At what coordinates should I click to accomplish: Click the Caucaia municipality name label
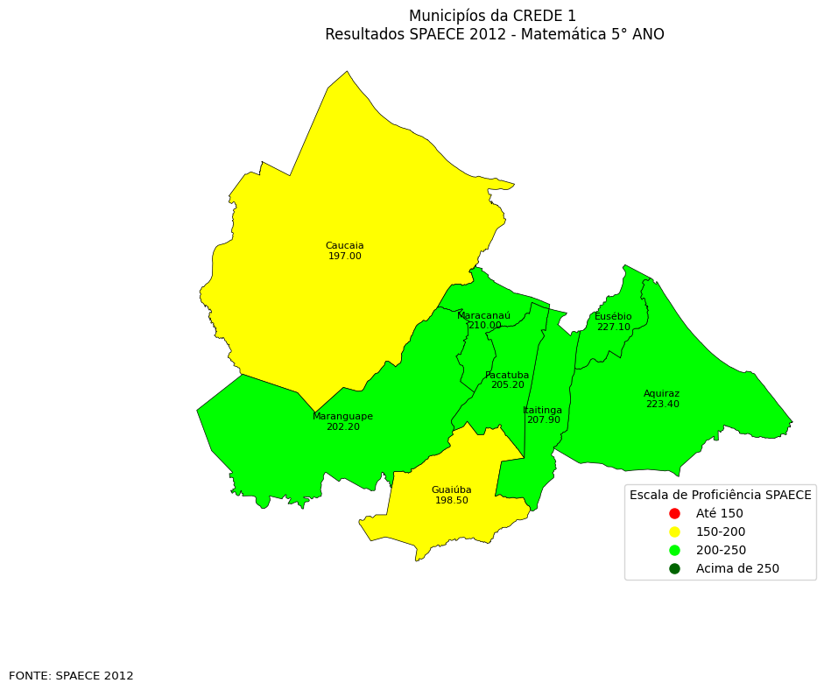tap(344, 246)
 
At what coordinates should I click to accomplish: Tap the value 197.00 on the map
tap(344, 257)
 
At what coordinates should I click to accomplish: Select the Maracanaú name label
tap(483, 315)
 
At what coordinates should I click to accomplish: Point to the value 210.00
tap(484, 326)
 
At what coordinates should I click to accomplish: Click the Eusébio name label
tap(613, 317)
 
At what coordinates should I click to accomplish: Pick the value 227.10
tap(613, 327)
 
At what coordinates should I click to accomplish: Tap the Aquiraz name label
tap(661, 394)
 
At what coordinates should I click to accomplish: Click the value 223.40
tap(662, 405)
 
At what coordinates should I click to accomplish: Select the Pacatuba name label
tap(507, 375)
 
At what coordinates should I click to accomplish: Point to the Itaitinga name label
tap(543, 410)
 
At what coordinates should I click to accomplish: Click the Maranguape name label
tap(342, 417)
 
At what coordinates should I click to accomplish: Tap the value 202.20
tap(342, 427)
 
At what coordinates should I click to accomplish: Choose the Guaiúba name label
tap(451, 490)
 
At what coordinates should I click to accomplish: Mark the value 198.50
tap(451, 501)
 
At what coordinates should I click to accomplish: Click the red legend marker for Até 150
tap(674, 513)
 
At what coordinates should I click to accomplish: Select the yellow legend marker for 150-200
tap(674, 532)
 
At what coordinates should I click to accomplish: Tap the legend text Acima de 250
tap(737, 569)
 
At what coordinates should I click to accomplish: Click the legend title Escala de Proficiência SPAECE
tap(720, 495)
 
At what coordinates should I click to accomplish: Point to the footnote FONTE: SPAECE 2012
tap(71, 676)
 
